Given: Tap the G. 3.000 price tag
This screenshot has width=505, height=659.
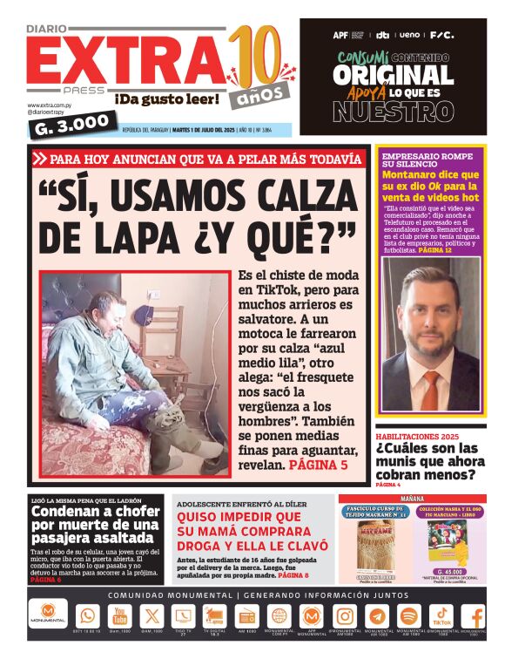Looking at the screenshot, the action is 72,126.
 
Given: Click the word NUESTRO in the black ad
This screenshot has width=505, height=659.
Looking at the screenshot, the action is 393,112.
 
